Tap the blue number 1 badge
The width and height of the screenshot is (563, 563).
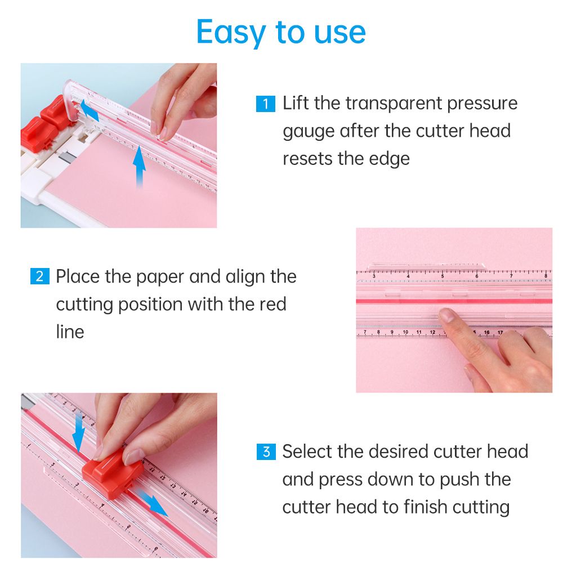tap(265, 104)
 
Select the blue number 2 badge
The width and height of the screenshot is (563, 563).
tap(39, 276)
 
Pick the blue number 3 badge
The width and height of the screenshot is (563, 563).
tap(266, 452)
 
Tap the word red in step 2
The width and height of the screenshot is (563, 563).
tap(272, 304)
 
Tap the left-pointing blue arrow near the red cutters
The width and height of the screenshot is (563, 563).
tap(89, 110)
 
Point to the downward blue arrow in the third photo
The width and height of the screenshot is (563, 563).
tap(79, 431)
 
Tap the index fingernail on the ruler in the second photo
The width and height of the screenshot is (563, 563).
tap(447, 315)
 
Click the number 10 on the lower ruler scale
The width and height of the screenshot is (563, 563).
tap(405, 332)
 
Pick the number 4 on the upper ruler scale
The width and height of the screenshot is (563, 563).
tap(408, 276)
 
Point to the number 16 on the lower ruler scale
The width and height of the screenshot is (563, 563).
tap(486, 333)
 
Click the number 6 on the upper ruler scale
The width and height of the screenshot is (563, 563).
tap(477, 276)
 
